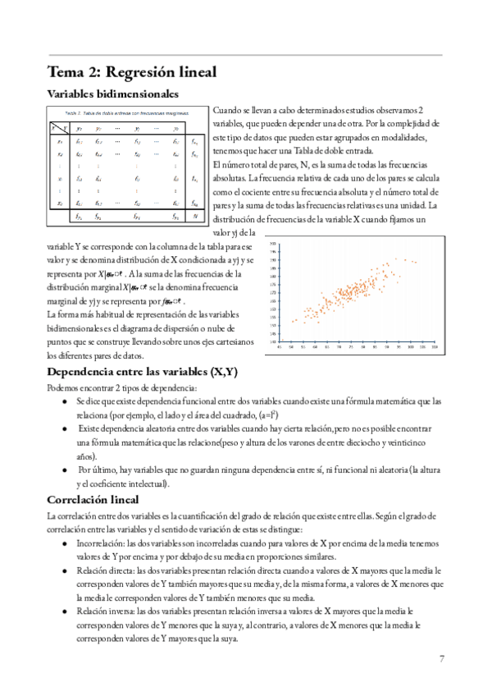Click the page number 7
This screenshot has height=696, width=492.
coord(443,658)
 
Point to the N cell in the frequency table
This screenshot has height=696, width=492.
coord(194,217)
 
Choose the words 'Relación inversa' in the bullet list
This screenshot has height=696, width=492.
coord(105,612)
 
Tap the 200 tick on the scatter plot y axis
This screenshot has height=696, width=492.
coord(273,244)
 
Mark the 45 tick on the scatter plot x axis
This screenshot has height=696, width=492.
coord(281,347)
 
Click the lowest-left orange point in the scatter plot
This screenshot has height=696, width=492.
coord(292,321)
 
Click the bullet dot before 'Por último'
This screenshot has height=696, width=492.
coord(65,469)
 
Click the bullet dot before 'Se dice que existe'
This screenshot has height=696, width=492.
coord(65,402)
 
